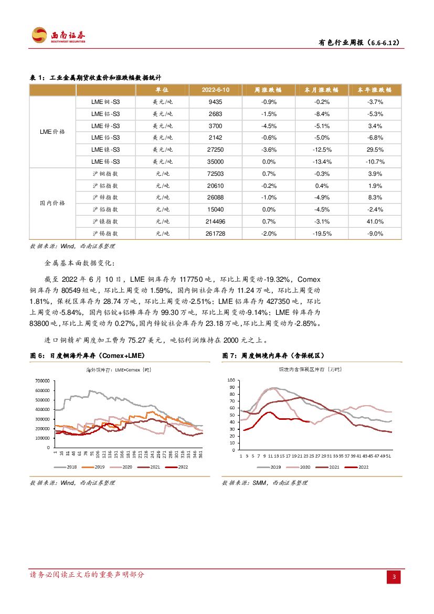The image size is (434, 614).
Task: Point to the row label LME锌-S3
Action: (105, 126)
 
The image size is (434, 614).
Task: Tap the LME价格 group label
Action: (52, 132)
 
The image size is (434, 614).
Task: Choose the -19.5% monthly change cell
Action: (322, 234)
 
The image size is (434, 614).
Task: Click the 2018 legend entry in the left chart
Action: (68, 467)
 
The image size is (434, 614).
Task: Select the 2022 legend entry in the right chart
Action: (358, 467)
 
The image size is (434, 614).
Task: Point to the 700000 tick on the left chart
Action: (42, 381)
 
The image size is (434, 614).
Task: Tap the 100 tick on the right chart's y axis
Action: (232, 379)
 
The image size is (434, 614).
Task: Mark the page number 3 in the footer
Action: (394, 577)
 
